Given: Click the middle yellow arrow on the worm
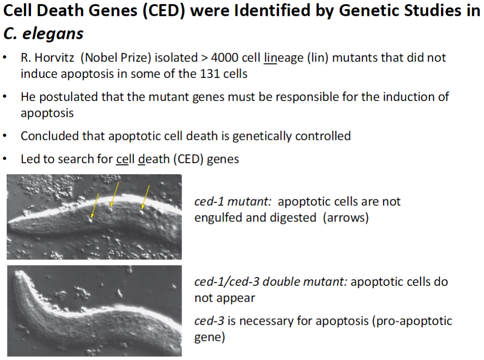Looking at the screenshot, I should [113, 193].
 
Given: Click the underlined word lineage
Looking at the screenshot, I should [283, 58].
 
